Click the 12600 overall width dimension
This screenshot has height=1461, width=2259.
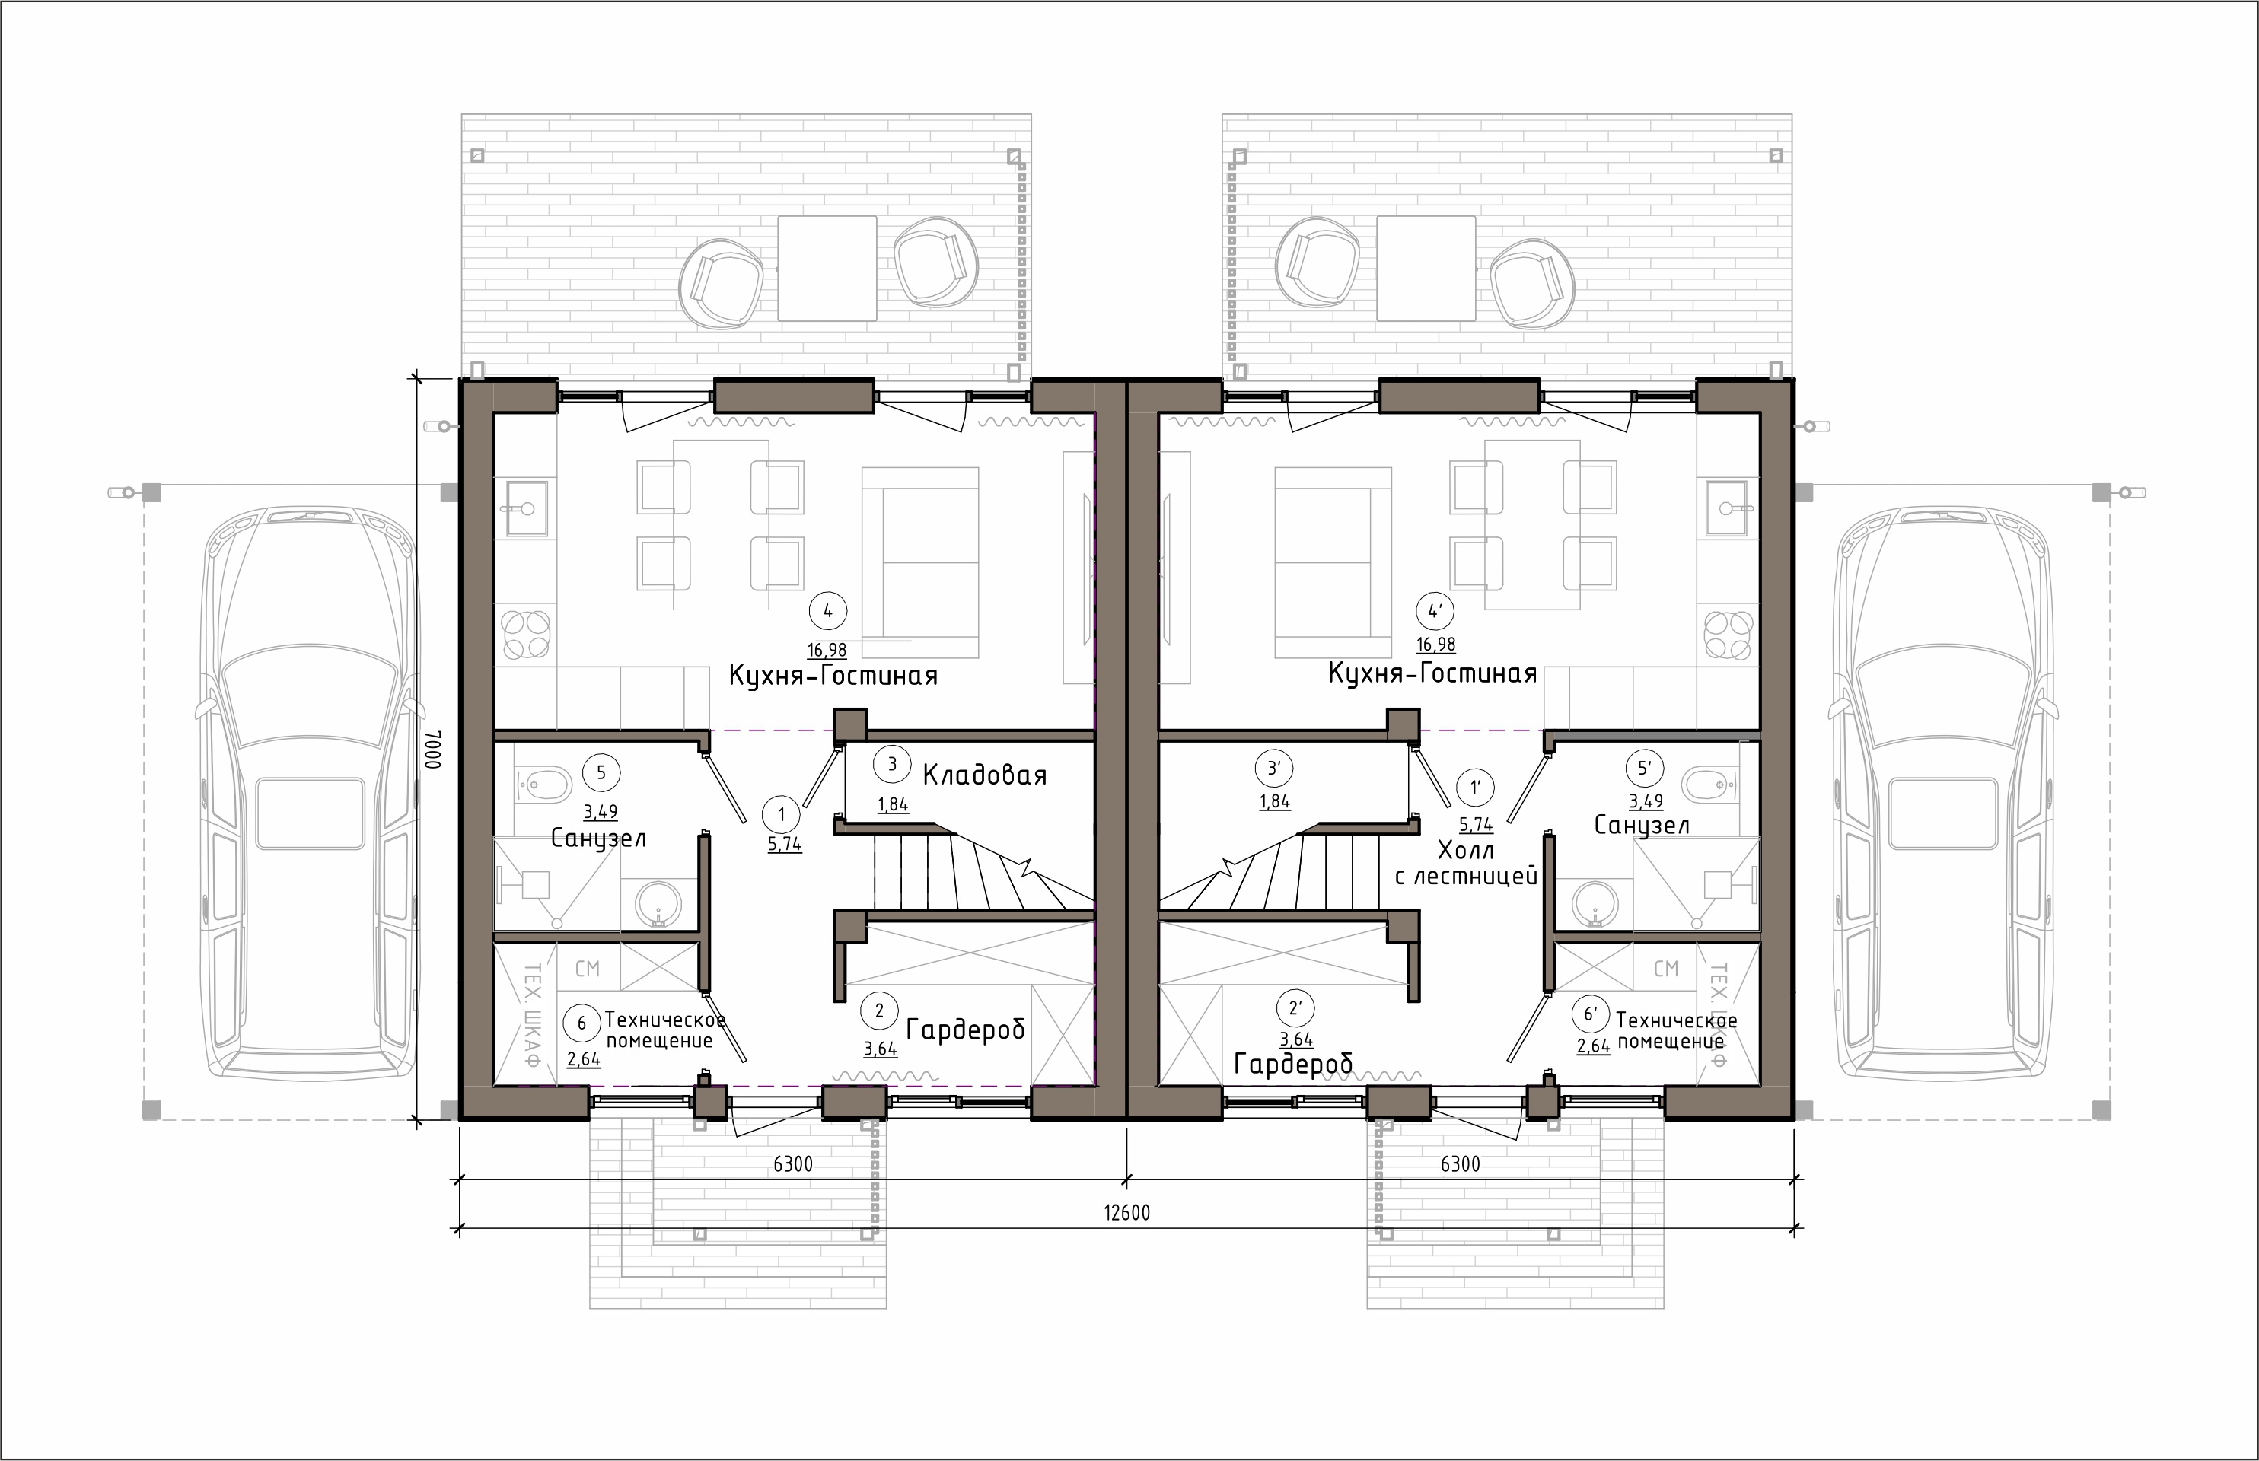[1127, 1212]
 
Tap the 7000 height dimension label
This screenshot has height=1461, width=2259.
[432, 750]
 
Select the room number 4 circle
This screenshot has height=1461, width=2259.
[828, 611]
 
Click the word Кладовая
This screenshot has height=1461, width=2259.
[985, 775]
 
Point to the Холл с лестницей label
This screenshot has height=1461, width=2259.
[1467, 862]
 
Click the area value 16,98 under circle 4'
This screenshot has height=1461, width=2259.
[1435, 645]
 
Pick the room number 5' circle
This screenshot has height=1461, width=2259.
[1645, 768]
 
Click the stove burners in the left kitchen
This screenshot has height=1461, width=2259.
[527, 635]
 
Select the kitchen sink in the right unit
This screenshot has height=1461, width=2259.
[1728, 508]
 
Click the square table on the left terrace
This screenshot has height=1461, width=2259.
[827, 269]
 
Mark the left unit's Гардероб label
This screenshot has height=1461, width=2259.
[966, 1030]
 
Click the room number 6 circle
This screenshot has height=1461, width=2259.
[581, 1023]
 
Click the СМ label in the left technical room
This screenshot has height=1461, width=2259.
[588, 969]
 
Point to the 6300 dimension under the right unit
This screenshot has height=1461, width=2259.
[1460, 1164]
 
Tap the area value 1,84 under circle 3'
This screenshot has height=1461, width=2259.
[1274, 802]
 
